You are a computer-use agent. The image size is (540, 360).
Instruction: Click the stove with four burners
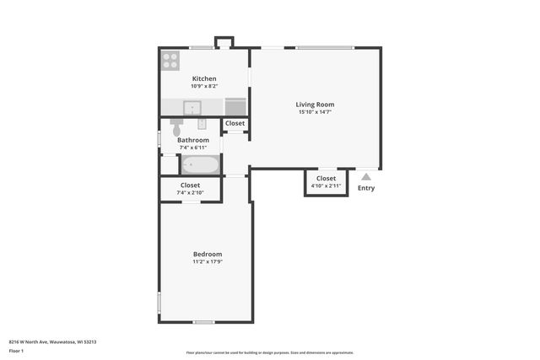(x=171, y=60)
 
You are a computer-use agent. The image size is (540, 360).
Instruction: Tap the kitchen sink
(x=192, y=107)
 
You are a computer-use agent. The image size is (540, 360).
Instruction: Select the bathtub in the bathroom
(x=201, y=164)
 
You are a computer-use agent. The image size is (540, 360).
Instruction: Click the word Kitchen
(x=204, y=78)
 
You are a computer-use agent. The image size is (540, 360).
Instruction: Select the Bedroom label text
(x=208, y=254)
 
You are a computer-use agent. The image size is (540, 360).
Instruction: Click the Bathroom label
(x=193, y=140)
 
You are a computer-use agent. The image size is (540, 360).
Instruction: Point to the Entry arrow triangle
(x=365, y=177)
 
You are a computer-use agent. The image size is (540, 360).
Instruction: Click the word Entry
(x=366, y=188)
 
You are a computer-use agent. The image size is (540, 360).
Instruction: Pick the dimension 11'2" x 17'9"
(x=208, y=261)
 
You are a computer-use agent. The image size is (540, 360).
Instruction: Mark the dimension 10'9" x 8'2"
(x=204, y=86)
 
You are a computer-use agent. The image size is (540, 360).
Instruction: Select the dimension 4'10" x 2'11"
(x=326, y=186)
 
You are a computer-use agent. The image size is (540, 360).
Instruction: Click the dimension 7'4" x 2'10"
(x=191, y=193)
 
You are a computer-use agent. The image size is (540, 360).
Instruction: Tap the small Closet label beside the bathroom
(x=235, y=123)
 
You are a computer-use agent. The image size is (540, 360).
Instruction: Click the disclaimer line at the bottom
(x=269, y=352)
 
